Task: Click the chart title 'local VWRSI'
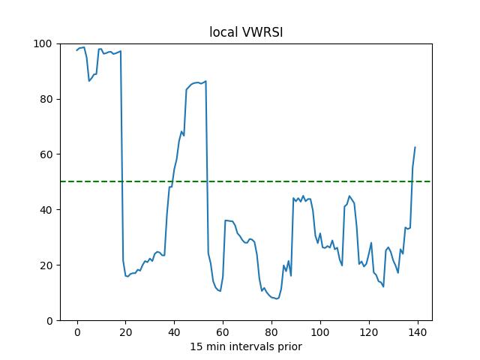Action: (x=245, y=32)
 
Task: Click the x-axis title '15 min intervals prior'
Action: (x=245, y=346)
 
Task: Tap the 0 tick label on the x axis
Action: (x=77, y=332)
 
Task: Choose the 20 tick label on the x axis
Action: (x=126, y=332)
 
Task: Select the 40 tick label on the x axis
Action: (x=175, y=332)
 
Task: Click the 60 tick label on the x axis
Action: (x=223, y=332)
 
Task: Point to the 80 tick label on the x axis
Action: (x=271, y=332)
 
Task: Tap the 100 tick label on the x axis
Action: (x=320, y=332)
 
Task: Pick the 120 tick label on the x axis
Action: (x=369, y=332)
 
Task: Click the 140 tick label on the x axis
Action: (x=418, y=332)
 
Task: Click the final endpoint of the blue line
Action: (x=415, y=147)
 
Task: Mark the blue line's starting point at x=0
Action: (x=77, y=50)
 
